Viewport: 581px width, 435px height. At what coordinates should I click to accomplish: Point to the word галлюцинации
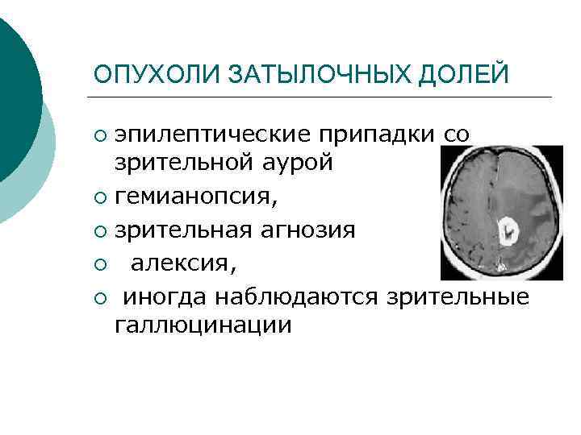[202, 325]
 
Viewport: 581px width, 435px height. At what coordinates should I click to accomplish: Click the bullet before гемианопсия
[99, 197]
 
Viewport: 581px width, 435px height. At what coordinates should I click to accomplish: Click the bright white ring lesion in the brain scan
[508, 232]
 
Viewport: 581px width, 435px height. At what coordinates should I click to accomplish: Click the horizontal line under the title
[323, 97]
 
